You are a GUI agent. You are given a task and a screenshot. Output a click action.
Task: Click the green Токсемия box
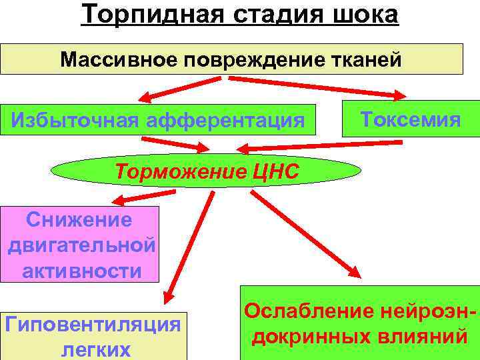coord(411,119)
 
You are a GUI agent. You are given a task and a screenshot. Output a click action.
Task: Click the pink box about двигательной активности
coord(81,245)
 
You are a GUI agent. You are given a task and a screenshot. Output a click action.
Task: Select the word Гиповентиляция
coord(93,325)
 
